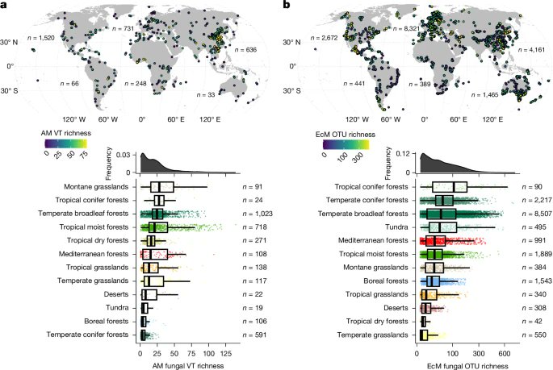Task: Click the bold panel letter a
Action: pyautogui.click(x=6, y=6)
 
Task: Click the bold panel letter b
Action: pyautogui.click(x=283, y=6)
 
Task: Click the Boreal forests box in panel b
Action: pyautogui.click(x=433, y=281)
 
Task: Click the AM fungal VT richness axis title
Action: pyautogui.click(x=187, y=364)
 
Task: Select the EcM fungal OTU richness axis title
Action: pyautogui.click(x=468, y=364)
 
